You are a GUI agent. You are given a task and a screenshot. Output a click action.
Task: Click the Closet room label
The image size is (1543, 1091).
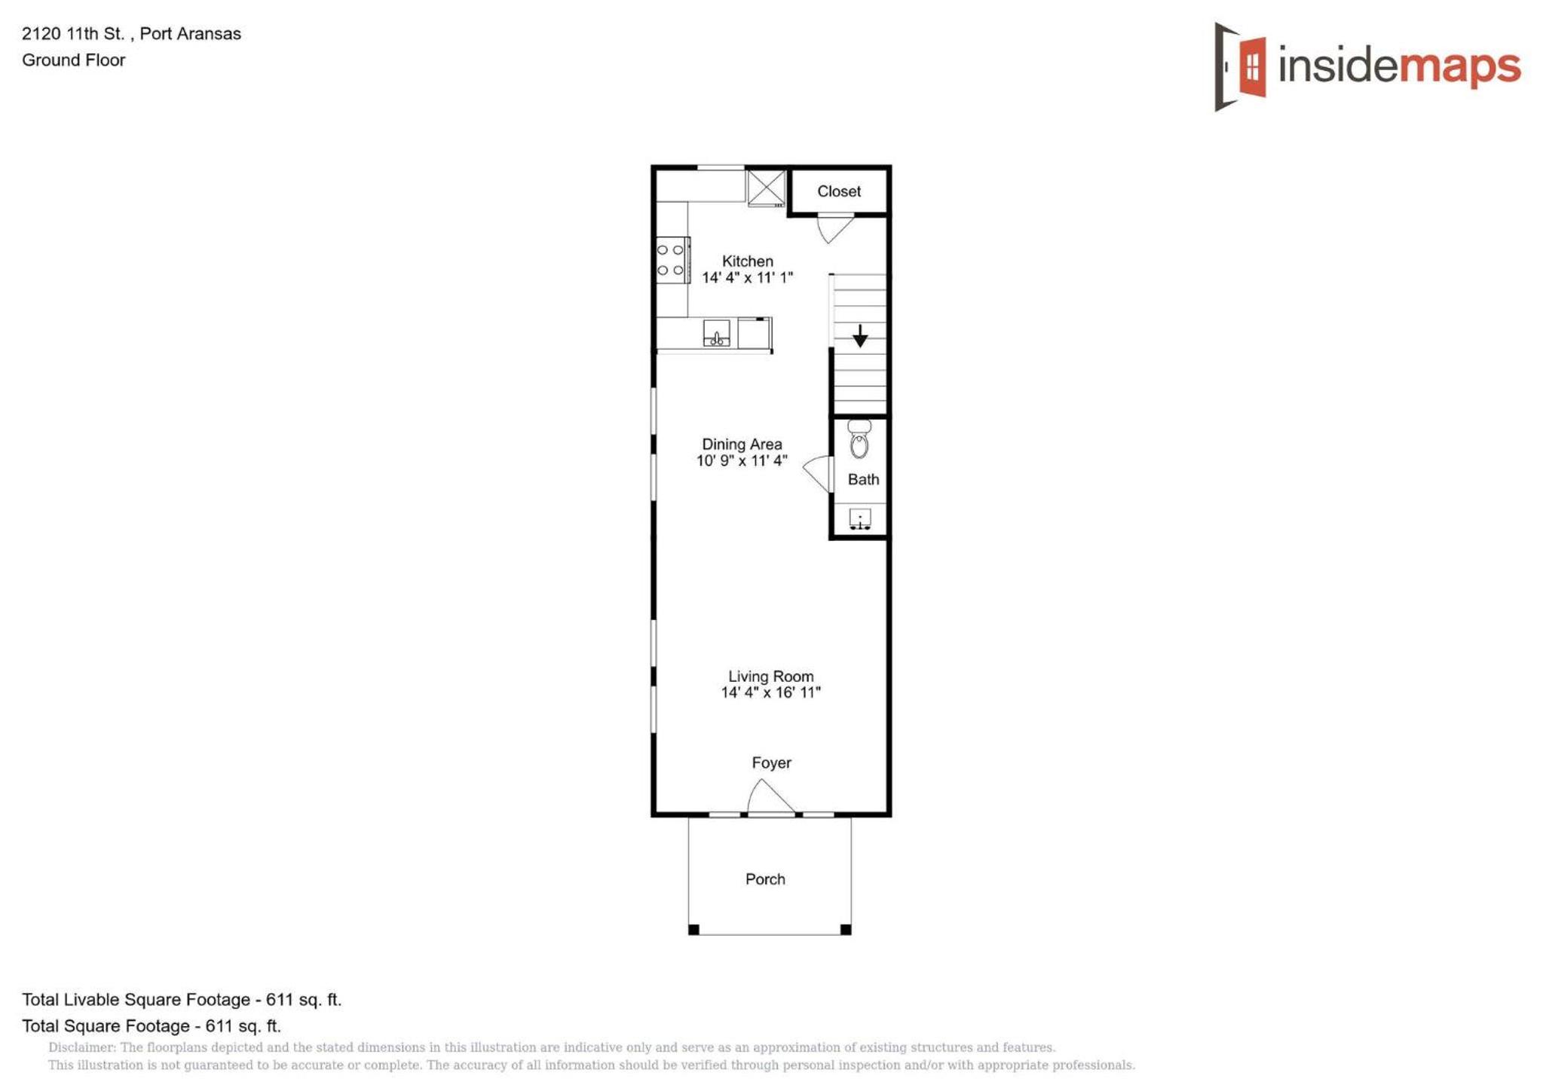pyautogui.click(x=838, y=191)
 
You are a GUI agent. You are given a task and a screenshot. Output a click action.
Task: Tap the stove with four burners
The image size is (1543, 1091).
pyautogui.click(x=672, y=260)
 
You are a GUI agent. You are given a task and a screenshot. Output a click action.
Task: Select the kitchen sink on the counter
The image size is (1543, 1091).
pyautogui.click(x=716, y=333)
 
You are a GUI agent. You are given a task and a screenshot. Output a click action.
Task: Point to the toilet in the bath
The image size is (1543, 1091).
pyautogui.click(x=859, y=439)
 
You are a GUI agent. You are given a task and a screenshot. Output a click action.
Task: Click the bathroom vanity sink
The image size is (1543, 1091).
pyautogui.click(x=860, y=518)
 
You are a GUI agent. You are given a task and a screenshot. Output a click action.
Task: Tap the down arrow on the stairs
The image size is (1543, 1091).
pyautogui.click(x=859, y=336)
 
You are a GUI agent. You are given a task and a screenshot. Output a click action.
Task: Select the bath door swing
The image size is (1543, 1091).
pyautogui.click(x=818, y=474)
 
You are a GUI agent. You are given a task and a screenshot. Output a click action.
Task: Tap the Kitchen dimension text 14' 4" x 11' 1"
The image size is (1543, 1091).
pyautogui.click(x=747, y=278)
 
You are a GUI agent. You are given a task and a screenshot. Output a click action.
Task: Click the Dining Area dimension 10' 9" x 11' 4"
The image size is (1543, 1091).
pyautogui.click(x=742, y=460)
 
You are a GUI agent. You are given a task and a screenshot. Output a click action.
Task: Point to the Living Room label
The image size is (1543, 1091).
pyautogui.click(x=770, y=677)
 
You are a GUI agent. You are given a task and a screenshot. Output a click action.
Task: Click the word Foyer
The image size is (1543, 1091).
pyautogui.click(x=771, y=762)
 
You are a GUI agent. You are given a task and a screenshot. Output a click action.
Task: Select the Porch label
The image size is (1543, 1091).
pyautogui.click(x=765, y=879)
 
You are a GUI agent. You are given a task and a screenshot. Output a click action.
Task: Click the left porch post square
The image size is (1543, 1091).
pyautogui.click(x=693, y=930)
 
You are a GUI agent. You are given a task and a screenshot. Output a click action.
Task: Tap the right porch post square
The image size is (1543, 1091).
pyautogui.click(x=846, y=930)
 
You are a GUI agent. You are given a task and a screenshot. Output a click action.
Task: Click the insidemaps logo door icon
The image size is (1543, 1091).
pyautogui.click(x=1241, y=66)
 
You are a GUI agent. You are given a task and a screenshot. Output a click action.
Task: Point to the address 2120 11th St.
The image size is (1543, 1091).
pyautogui.click(x=73, y=34)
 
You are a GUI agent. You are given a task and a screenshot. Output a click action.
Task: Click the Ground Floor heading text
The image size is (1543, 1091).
pyautogui.click(x=73, y=60)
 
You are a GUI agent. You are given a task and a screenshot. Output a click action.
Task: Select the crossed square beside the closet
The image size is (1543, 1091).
pyautogui.click(x=767, y=188)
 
